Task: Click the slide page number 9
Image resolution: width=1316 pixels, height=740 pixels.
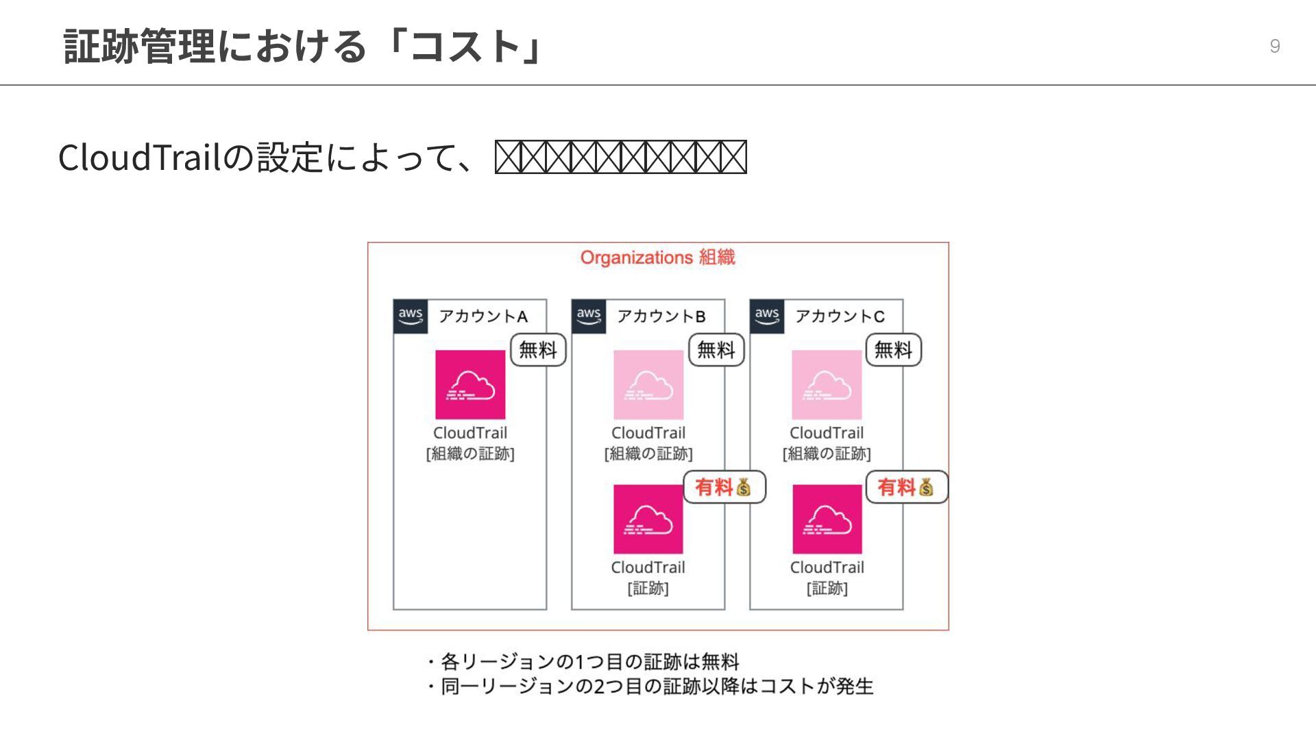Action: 1274,46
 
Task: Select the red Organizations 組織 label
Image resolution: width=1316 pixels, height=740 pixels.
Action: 657,258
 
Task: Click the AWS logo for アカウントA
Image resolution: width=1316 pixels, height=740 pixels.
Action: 411,316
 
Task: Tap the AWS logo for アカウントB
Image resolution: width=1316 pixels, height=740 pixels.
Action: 589,316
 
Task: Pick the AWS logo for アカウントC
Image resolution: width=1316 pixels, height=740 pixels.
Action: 767,316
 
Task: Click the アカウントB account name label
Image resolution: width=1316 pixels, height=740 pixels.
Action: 661,316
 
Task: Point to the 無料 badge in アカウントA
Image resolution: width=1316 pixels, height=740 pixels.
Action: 538,350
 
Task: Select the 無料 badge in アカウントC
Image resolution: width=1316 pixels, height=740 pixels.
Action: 894,350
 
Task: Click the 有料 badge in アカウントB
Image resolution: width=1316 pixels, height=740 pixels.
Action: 724,487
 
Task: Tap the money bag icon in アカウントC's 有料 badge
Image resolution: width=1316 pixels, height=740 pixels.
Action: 926,487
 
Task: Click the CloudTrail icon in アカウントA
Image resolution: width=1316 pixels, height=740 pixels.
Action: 470,384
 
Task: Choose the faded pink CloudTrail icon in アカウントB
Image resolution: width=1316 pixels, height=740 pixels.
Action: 648,384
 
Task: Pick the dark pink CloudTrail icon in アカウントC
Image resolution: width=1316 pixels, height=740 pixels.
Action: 827,519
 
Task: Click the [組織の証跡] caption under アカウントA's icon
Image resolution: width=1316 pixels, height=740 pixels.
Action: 470,454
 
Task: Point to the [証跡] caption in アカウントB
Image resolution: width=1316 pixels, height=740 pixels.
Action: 648,588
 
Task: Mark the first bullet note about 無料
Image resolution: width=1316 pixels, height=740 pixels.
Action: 583,662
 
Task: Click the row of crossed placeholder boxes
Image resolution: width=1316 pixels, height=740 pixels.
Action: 620,157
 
